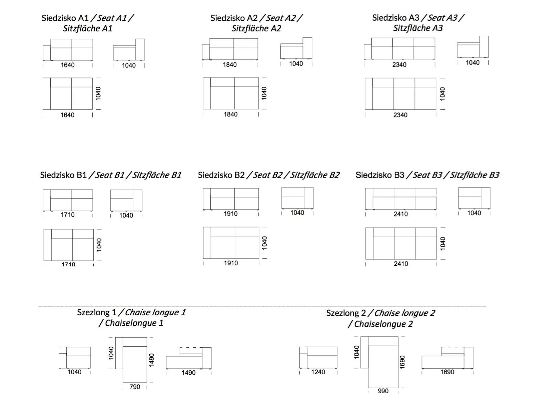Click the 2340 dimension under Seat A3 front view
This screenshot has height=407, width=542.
click(399, 64)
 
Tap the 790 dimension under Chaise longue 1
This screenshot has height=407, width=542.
click(135, 387)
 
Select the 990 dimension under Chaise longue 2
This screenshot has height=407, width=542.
click(383, 391)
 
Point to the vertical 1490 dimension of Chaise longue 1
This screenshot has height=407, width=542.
click(151, 360)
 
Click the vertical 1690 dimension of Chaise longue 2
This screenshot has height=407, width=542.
click(402, 362)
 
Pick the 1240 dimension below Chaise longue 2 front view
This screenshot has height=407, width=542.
click(318, 372)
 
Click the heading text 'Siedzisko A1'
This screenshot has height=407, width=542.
click(65, 18)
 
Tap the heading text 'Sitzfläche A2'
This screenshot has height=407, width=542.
click(256, 28)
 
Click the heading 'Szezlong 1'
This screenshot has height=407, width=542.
click(97, 313)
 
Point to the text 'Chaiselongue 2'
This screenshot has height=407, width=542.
click(383, 324)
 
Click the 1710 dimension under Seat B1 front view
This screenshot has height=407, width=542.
click(67, 215)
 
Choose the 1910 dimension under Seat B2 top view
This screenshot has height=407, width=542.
click(231, 263)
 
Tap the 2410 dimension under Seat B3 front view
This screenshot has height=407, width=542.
click(401, 214)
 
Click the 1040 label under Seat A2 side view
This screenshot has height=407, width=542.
click(296, 64)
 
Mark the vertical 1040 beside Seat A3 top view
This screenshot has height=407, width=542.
click(442, 94)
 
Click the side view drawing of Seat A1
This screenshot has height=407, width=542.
click(129, 50)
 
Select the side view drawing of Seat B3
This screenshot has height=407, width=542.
click(474, 198)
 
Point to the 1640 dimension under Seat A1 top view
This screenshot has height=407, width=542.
click(67, 115)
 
